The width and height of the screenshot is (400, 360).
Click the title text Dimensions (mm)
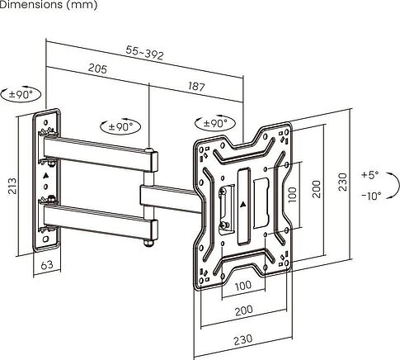tap(49, 6)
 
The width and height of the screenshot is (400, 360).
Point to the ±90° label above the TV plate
tap(216, 123)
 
